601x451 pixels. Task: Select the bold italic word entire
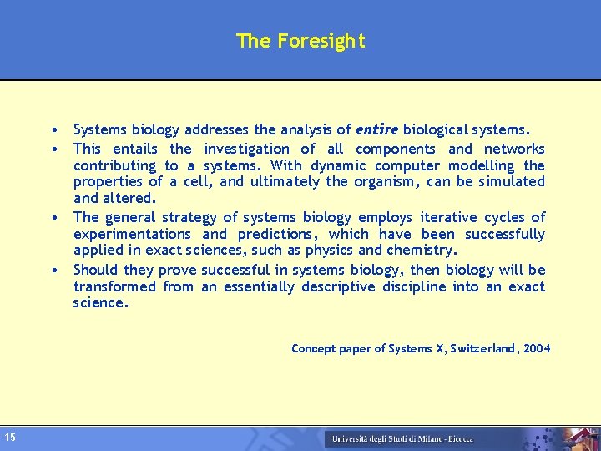pyautogui.click(x=376, y=129)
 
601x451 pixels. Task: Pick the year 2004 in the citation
pyautogui.click(x=536, y=348)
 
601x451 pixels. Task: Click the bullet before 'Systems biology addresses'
pyautogui.click(x=53, y=131)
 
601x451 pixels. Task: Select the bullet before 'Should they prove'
pyautogui.click(x=53, y=271)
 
